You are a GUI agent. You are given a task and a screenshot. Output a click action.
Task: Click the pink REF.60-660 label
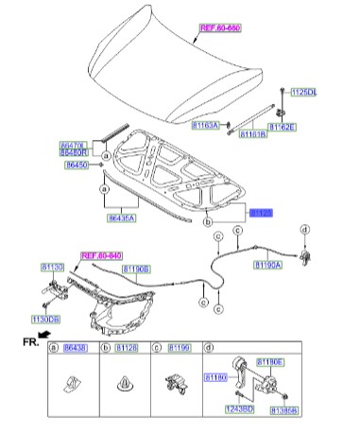[x=219, y=29]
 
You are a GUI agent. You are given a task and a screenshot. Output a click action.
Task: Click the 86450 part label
[x=77, y=165]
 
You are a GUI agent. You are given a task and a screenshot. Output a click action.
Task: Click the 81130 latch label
[x=53, y=269]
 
